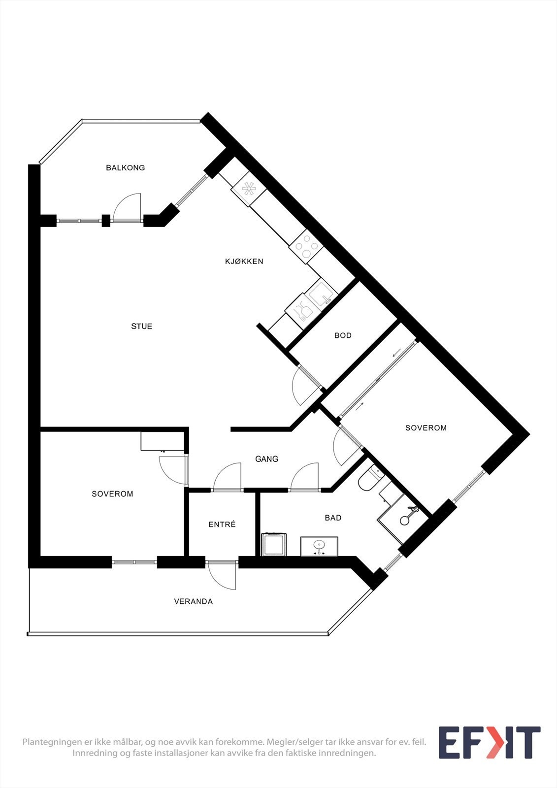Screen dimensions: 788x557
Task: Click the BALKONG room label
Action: [x=126, y=168]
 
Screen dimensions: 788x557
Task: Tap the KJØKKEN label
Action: [x=244, y=262]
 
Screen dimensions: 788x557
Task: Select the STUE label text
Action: [x=142, y=327]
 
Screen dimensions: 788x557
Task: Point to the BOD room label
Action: [x=343, y=335]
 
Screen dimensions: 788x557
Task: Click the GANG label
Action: [x=267, y=459]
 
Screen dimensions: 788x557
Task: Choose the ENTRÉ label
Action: [x=222, y=525]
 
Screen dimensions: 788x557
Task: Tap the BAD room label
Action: [x=333, y=518]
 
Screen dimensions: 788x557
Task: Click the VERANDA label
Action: [x=194, y=602]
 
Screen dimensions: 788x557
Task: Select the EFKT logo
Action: [x=489, y=743]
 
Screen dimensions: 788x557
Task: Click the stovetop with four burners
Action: [x=306, y=246]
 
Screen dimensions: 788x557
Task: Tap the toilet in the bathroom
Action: [x=368, y=479]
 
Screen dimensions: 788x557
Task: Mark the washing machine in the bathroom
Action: [x=273, y=545]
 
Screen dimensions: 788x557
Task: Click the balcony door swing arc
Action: [x=127, y=207]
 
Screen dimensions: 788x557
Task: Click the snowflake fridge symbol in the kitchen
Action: [x=249, y=188]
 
